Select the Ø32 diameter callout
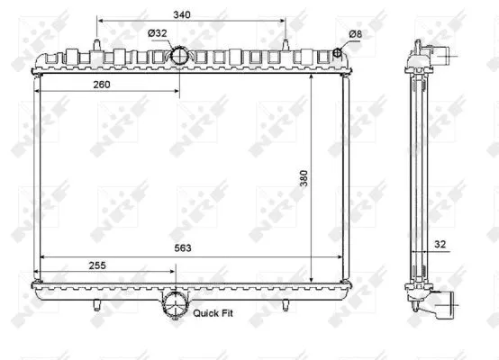coord(159,34)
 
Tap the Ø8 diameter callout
coord(356,34)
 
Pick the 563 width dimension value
coord(184,249)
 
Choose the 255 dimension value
coord(100,266)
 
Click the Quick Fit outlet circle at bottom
coord(175,307)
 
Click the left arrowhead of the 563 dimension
coord(38,257)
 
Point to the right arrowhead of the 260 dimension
coord(177,93)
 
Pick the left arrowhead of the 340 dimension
coord(97,22)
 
